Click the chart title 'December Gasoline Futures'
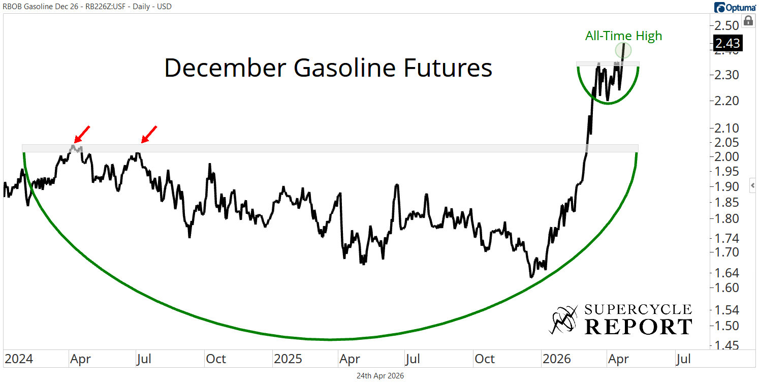click(x=328, y=68)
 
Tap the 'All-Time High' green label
click(x=623, y=36)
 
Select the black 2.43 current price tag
click(x=727, y=43)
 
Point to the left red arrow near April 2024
click(x=82, y=134)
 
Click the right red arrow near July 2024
click(x=149, y=134)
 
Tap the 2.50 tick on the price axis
click(x=727, y=25)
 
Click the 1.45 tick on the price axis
click(x=727, y=345)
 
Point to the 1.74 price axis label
click(x=727, y=238)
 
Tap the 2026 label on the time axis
click(x=557, y=359)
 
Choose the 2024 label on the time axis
click(x=19, y=359)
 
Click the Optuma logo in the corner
click(x=735, y=7)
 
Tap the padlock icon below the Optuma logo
click(x=748, y=21)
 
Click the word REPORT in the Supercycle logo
click(x=638, y=327)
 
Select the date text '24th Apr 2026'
click(x=380, y=376)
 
